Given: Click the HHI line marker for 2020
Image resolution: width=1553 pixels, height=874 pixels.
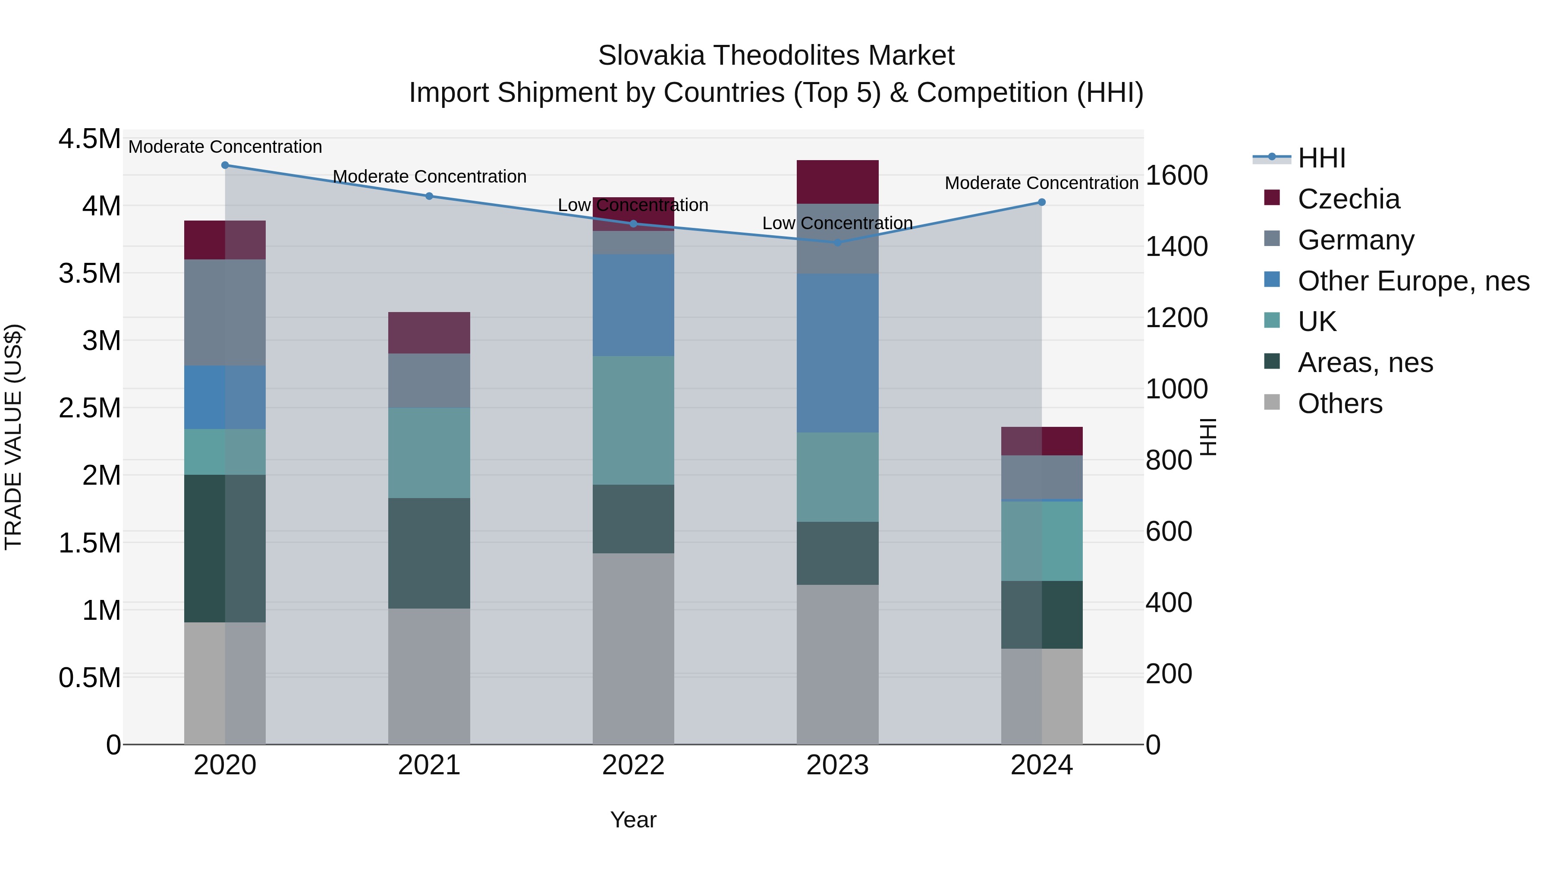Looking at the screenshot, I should pos(225,165).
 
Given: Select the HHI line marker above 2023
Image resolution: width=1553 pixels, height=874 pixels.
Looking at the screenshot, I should pos(837,243).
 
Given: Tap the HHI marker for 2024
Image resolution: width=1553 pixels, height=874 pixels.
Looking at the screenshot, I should pos(1041,202).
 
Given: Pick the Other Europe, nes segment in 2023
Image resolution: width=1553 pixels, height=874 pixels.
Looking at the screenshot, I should pos(837,353).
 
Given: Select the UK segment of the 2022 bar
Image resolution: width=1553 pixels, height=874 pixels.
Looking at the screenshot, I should pos(633,420).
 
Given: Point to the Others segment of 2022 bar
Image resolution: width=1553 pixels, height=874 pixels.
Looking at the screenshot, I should pos(633,648).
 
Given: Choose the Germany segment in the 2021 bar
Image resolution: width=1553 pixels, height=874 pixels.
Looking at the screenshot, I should pos(429,381).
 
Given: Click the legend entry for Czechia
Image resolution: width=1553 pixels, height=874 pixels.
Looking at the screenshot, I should pos(1348,199).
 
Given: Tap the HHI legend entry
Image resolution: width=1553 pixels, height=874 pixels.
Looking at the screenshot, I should pos(1321,158).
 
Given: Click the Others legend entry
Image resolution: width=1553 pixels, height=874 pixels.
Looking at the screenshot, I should pos(1339,404).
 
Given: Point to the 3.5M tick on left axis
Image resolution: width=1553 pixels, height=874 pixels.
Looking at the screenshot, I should pos(89,273).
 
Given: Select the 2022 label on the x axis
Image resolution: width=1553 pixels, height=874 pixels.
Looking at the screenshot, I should pos(633,765).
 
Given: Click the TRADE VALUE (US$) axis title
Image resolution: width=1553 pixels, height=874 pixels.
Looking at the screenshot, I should pos(13,437).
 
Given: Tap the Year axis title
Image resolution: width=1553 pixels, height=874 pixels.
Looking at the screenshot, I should pos(633,820).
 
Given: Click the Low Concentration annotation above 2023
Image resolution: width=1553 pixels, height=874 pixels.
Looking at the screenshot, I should pos(837,223).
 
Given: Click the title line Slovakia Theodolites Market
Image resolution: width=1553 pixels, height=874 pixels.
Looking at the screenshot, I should pos(776,56).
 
